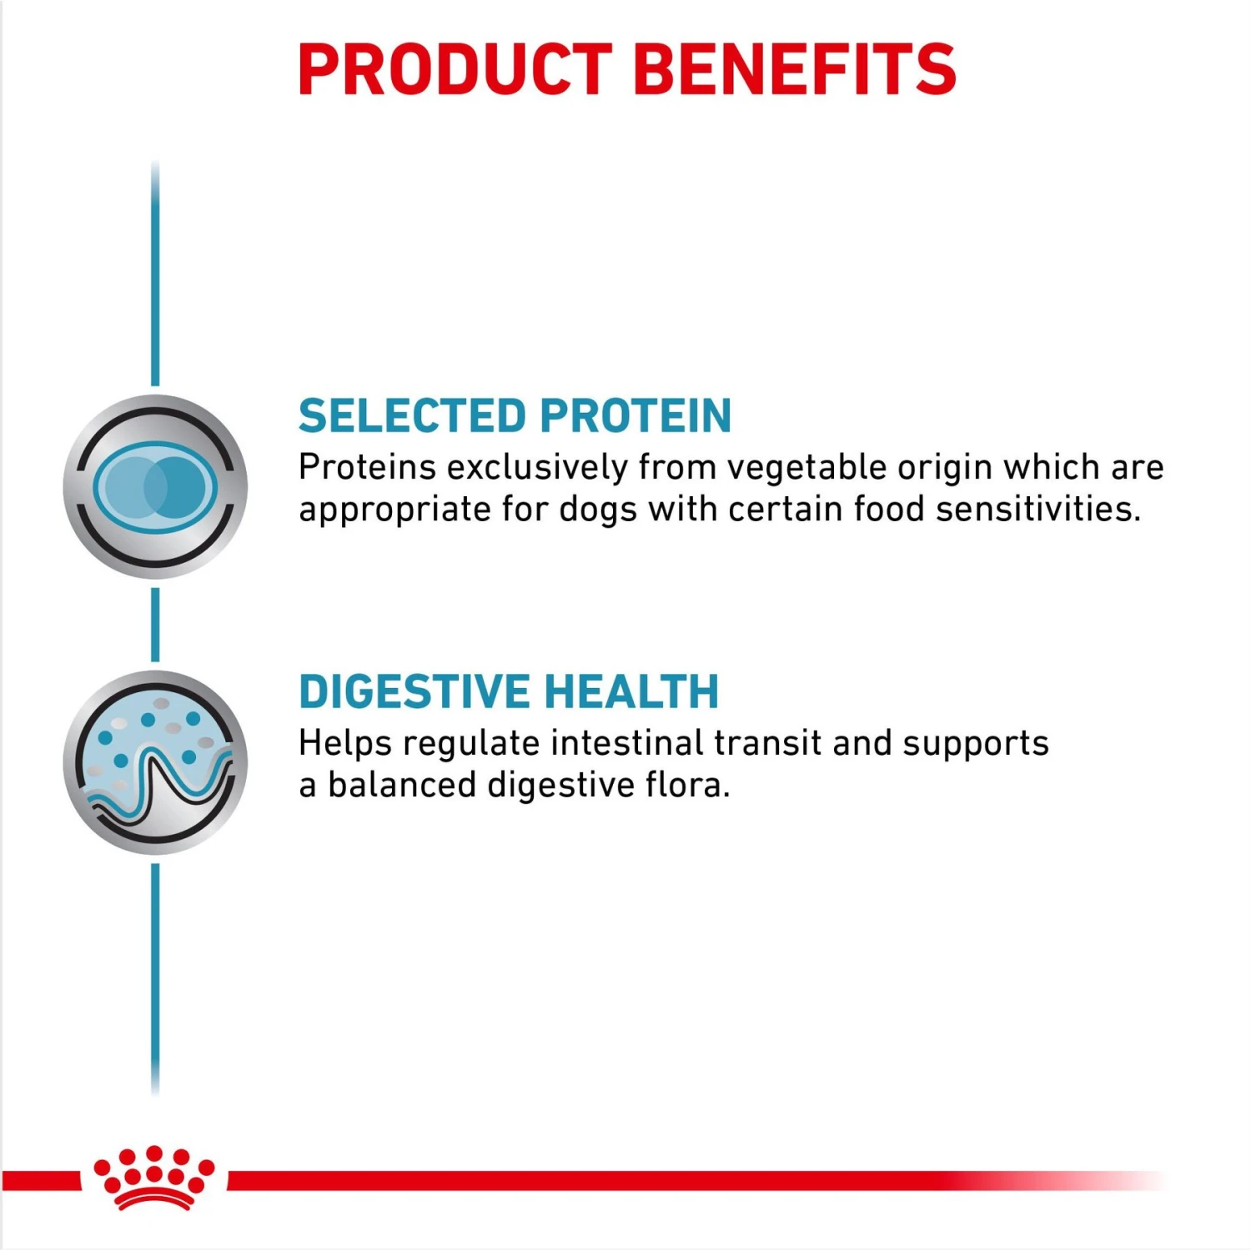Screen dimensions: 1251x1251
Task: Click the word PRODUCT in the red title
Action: [x=455, y=70]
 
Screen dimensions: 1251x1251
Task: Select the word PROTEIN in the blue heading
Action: [x=636, y=416]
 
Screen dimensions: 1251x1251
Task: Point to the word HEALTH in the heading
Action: [x=631, y=692]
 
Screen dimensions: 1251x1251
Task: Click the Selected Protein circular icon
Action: [x=155, y=487]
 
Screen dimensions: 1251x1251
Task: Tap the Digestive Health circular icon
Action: [x=155, y=762]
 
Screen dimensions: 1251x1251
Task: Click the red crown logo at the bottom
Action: [x=154, y=1177]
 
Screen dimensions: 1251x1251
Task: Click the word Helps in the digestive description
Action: [x=345, y=743]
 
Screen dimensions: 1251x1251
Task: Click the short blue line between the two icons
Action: [x=155, y=625]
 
